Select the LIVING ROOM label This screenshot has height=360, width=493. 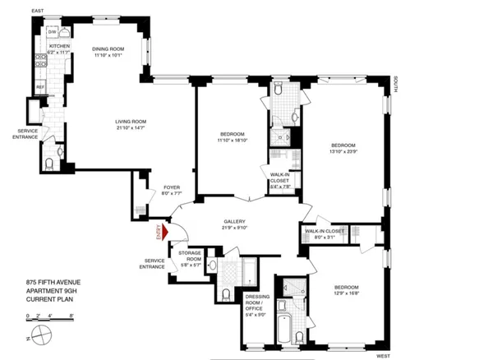click(x=135, y=122)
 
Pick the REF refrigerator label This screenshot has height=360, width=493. click(x=39, y=85)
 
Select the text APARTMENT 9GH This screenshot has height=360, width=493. click(x=49, y=293)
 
